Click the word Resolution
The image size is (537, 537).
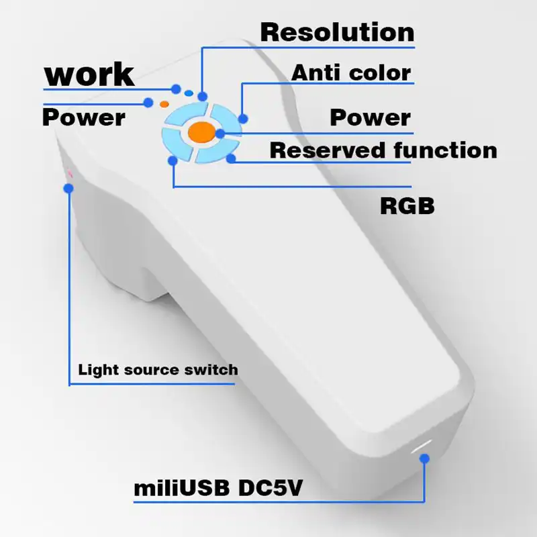coord(337,32)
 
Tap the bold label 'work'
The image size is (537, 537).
coord(89,75)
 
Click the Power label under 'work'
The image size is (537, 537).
coord(84,118)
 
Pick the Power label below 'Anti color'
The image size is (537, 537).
coord(370,117)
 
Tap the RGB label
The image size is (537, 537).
coord(407,205)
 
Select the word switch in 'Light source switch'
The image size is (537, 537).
coord(213,369)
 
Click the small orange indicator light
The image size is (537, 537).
coord(164,104)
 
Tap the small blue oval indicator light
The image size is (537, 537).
coord(189,93)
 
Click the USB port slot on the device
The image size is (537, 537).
coord(422,446)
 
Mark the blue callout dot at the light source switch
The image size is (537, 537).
coord(68,189)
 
